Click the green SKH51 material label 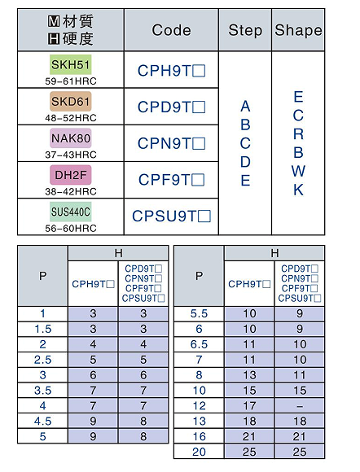click(x=71, y=64)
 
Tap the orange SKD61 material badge click(x=71, y=102)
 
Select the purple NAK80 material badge click(x=71, y=138)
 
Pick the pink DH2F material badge click(x=71, y=175)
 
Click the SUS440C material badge click(x=71, y=212)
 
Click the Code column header click(x=171, y=30)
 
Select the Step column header click(x=245, y=30)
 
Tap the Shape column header click(x=298, y=30)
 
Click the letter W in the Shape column click(x=298, y=171)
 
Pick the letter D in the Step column click(x=245, y=162)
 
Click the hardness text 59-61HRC click(x=71, y=81)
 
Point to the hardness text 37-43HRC click(x=71, y=155)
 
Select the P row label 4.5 click(x=43, y=421)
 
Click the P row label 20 click(x=199, y=452)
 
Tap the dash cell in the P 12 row click(x=300, y=406)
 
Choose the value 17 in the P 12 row click(x=249, y=406)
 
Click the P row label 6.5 click(x=199, y=344)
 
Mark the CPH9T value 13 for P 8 click(x=249, y=375)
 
